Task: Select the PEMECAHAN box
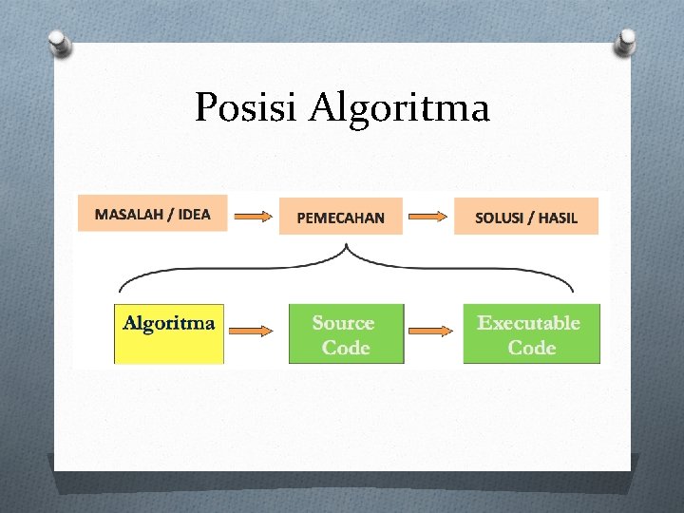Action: (x=341, y=217)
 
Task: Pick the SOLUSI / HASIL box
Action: (x=526, y=217)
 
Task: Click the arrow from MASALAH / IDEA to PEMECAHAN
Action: (x=253, y=217)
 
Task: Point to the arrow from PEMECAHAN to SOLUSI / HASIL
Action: (x=428, y=217)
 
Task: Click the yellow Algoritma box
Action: (x=169, y=333)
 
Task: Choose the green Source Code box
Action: (x=346, y=333)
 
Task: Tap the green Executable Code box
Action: (x=531, y=333)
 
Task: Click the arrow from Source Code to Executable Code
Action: (x=432, y=331)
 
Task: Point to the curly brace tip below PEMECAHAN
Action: (x=347, y=249)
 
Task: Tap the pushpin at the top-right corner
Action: (x=626, y=40)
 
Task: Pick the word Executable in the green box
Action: (x=528, y=323)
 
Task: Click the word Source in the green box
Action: (x=343, y=323)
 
